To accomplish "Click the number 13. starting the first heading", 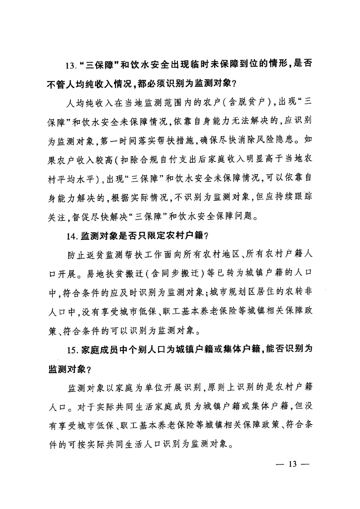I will (x=71, y=65).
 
